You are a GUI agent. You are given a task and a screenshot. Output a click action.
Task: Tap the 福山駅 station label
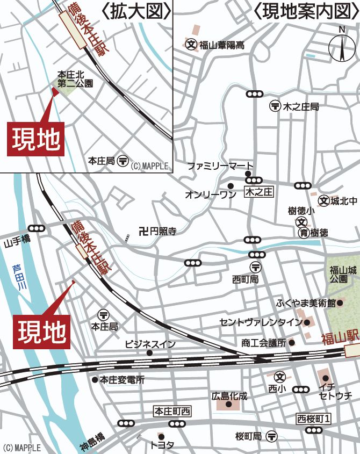click(340, 338)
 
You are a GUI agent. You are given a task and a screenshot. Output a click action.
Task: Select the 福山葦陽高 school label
click(222, 46)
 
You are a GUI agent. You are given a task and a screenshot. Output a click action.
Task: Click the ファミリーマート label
click(220, 167)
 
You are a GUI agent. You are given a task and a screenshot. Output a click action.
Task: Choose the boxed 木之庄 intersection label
click(259, 192)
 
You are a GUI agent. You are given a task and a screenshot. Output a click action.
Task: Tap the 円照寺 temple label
click(162, 232)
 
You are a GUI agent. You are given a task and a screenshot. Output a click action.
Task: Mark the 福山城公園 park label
click(340, 275)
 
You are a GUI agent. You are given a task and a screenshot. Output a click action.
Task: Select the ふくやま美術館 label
click(306, 303)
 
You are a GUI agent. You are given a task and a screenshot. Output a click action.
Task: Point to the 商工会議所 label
click(264, 342)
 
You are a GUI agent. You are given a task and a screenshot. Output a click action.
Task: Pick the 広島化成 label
click(229, 396)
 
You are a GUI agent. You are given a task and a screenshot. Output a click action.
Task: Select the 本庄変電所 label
click(122, 379)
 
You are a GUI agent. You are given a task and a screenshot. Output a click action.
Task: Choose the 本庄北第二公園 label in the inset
click(75, 79)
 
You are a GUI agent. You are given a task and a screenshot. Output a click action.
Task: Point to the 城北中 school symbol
click(323, 200)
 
